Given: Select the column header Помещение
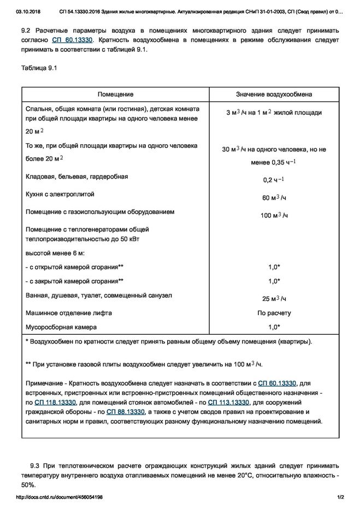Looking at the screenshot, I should point(115,94).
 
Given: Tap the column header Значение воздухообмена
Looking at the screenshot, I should point(274,94).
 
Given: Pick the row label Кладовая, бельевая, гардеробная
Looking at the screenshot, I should point(77,176).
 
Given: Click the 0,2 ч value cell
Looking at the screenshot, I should point(274,180).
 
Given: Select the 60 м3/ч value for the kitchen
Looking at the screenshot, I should point(274,198).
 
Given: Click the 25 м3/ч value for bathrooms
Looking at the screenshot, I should point(274,299).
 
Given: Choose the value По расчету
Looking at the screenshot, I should point(274,313).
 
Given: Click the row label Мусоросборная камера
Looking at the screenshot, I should point(61,327).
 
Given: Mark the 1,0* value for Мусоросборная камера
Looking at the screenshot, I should point(274,327).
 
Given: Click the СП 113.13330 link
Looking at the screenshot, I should point(227,402).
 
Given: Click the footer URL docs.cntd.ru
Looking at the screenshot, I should point(60,498).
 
